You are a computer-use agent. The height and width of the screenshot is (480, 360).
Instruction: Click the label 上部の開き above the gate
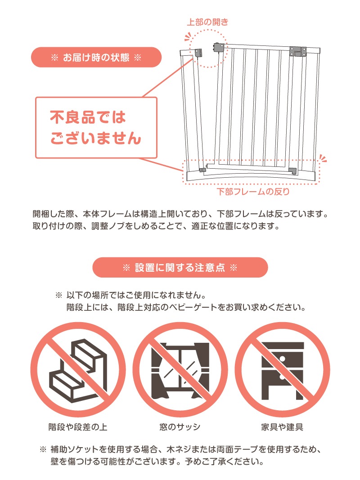(x=207, y=22)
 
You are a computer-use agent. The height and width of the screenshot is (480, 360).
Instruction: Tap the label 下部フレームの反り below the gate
(x=253, y=192)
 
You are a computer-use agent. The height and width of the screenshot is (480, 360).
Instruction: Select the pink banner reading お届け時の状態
(x=96, y=57)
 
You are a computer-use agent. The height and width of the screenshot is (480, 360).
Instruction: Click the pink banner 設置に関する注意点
(x=180, y=268)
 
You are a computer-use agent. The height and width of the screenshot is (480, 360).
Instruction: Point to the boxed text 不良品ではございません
(x=96, y=128)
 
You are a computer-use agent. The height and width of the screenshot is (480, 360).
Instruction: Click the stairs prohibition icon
(x=78, y=370)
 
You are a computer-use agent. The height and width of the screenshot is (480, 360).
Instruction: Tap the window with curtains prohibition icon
(x=180, y=370)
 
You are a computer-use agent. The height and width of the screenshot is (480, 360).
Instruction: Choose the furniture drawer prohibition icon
(x=282, y=370)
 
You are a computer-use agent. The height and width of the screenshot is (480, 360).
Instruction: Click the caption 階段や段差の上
(x=78, y=427)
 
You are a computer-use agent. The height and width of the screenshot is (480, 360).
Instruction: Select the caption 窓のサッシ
(x=180, y=427)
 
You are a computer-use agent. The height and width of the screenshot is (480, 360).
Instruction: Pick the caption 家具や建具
(x=282, y=427)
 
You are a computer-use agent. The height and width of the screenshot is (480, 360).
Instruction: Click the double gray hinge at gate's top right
(x=298, y=51)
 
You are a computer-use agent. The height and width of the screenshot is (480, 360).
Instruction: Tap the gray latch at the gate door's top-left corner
(x=219, y=47)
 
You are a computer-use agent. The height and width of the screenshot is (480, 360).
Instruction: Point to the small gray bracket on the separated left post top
(x=198, y=53)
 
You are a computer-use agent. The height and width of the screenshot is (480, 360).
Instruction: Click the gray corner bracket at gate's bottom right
(x=292, y=171)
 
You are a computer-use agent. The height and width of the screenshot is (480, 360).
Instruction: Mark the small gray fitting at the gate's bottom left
(x=202, y=170)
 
